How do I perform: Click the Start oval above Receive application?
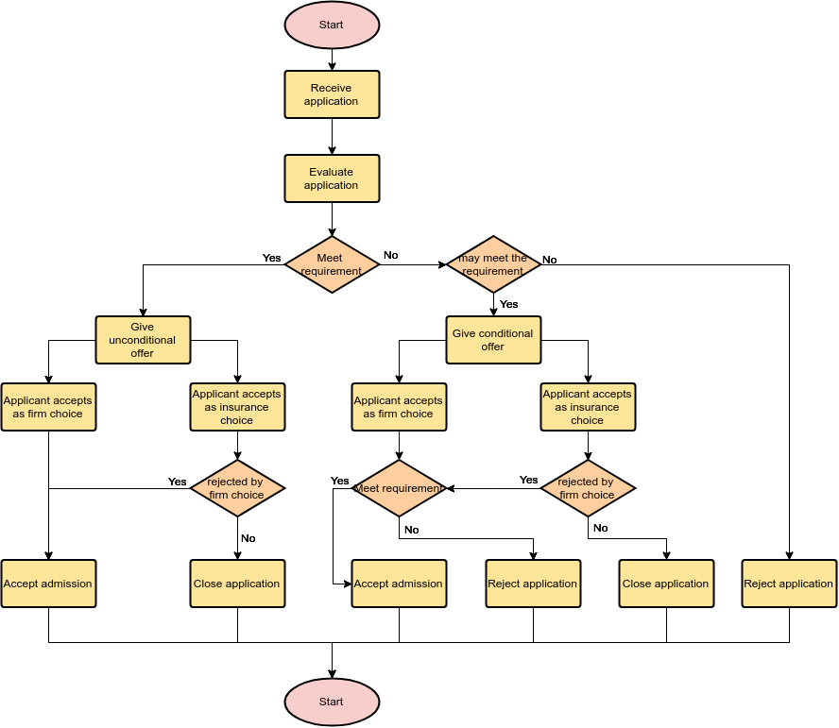coord(332,25)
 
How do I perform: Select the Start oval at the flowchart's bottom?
coord(332,702)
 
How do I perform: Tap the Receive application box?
coord(332,94)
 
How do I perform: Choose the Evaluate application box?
coord(332,178)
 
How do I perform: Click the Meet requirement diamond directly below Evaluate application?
coord(332,264)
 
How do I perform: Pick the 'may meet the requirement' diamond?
coord(493,264)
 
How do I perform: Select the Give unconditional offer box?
coord(143,340)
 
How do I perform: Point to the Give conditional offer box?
coord(493,340)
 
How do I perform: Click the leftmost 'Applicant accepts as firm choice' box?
coord(48,407)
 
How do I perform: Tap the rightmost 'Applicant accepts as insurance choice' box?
coord(588,407)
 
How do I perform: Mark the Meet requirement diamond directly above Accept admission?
coord(399,488)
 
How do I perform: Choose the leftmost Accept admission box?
coord(48,584)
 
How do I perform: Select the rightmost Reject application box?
coord(789,584)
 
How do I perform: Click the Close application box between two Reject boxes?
coord(666,584)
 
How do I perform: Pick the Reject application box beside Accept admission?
coord(533,584)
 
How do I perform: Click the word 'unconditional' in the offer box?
coord(143,340)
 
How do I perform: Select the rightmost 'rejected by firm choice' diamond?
coord(588,488)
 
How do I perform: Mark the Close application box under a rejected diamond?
coord(237,584)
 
